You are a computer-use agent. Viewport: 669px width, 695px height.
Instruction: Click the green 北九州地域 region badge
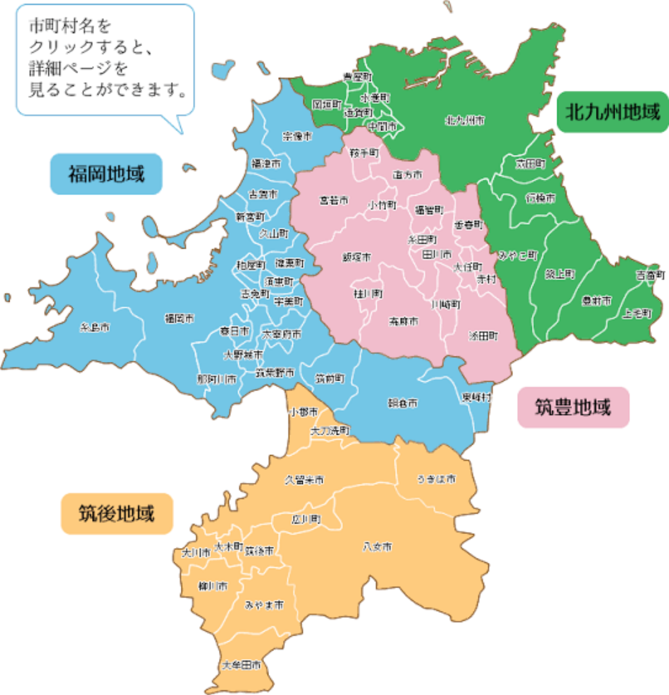point(612,112)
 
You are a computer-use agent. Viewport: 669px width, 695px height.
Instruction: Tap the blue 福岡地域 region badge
point(106,174)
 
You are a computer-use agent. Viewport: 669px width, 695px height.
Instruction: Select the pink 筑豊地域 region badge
point(573,407)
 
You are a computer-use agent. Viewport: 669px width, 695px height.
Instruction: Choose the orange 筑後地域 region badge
point(117,514)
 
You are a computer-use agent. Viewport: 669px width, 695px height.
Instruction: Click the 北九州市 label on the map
point(465,120)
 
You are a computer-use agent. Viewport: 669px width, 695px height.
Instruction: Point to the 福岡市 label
point(179,318)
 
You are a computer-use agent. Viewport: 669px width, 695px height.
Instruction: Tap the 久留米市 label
point(304,480)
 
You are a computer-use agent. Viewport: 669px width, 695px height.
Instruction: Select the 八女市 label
point(377,547)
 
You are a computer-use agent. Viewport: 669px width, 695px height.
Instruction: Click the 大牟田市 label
point(241,665)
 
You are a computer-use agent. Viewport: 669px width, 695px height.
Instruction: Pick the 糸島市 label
point(95,328)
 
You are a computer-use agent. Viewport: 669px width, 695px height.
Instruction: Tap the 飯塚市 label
point(356,257)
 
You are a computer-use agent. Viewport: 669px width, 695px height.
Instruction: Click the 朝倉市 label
point(402,403)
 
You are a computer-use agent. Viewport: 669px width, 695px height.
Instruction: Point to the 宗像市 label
point(297,136)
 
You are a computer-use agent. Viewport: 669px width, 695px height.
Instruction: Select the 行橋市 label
point(540,198)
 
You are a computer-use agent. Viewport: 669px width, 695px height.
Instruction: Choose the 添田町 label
point(483,336)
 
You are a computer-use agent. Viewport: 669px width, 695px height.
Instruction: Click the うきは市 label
point(436,479)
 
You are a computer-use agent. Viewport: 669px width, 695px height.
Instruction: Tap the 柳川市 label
point(213,586)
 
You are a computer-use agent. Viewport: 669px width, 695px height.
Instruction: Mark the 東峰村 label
point(476,397)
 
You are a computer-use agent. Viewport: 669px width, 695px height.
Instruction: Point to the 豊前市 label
point(596,300)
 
